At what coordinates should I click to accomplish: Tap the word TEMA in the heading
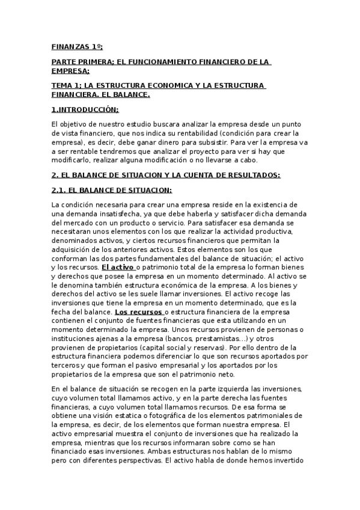(63, 85)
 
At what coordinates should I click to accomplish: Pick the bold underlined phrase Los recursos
(138, 312)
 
